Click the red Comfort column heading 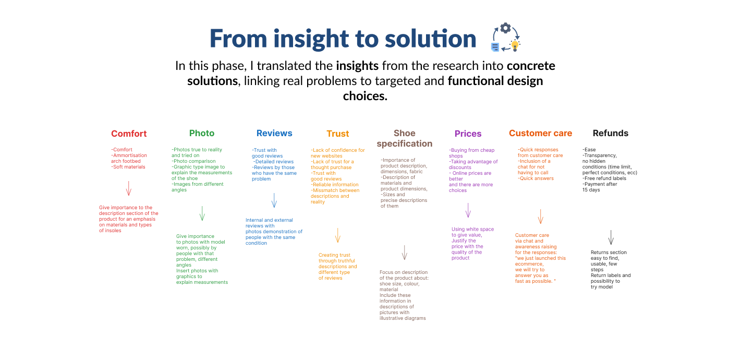[129, 134]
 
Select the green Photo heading [202, 133]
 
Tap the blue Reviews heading [274, 133]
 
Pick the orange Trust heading [338, 134]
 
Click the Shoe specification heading [405, 138]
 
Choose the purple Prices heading [468, 134]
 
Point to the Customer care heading [541, 133]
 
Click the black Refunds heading [611, 133]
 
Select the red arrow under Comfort [129, 188]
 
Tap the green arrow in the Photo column [202, 213]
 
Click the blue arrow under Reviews [274, 200]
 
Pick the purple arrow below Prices [468, 210]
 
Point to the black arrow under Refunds [611, 237]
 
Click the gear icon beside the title [505, 28]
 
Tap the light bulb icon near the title [515, 45]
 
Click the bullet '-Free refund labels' [604, 178]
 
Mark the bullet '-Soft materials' [128, 167]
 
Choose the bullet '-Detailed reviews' [274, 162]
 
